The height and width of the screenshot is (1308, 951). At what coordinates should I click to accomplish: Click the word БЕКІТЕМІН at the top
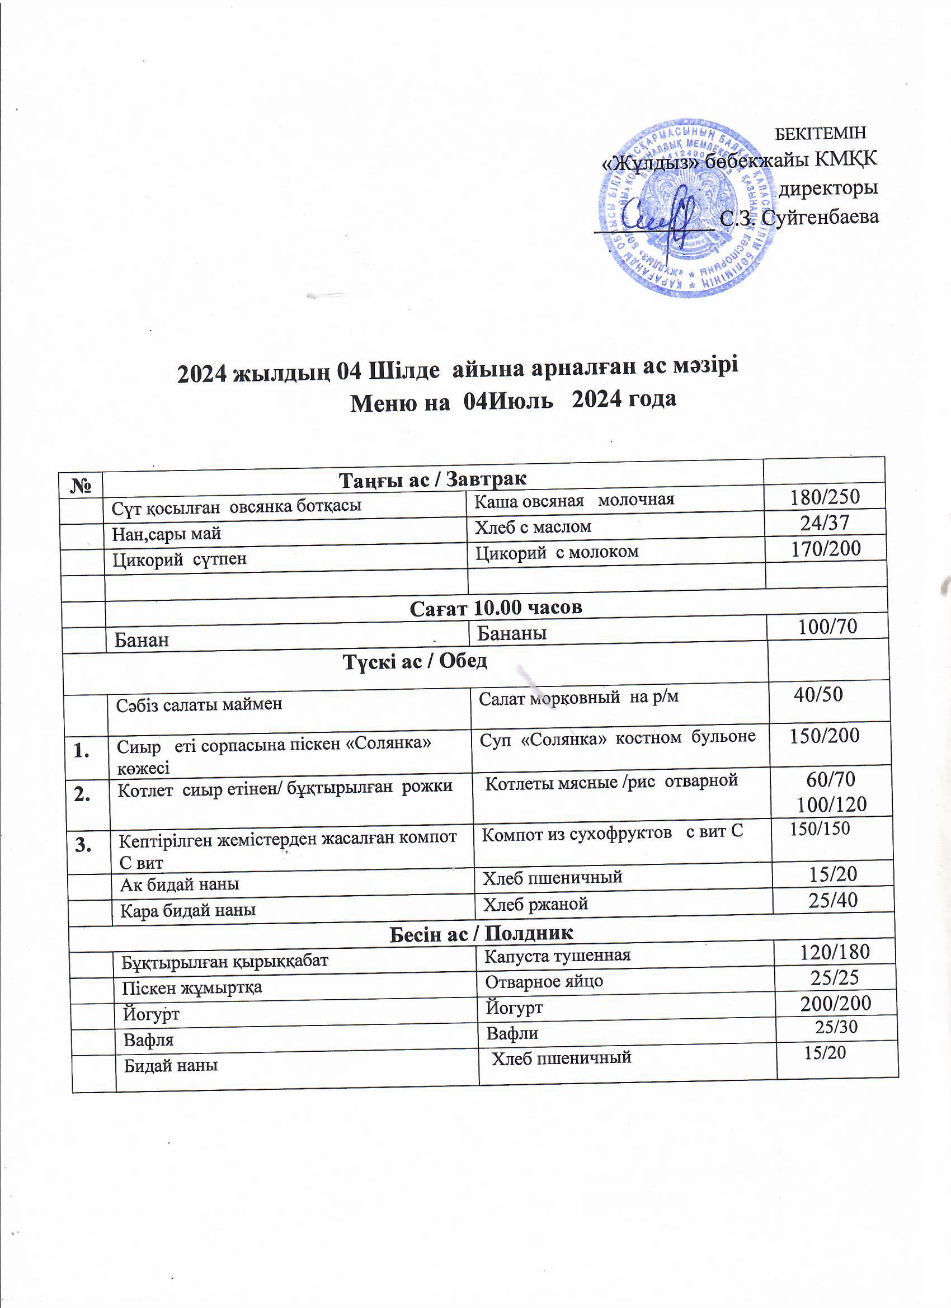tap(820, 134)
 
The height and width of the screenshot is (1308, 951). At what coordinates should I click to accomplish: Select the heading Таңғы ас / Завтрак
tap(432, 479)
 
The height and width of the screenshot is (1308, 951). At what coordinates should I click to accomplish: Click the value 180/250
tap(825, 497)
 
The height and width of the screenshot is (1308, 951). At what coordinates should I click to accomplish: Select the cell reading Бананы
tap(511, 633)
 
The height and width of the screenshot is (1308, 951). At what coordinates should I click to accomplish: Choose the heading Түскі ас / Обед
tap(415, 661)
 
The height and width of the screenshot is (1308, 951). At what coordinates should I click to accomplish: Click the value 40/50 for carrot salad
tap(818, 694)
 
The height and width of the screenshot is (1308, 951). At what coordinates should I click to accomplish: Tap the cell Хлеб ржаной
tap(535, 904)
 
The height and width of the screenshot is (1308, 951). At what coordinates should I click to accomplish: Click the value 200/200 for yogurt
tap(835, 1004)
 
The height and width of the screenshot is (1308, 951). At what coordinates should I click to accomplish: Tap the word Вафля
tap(149, 1040)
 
